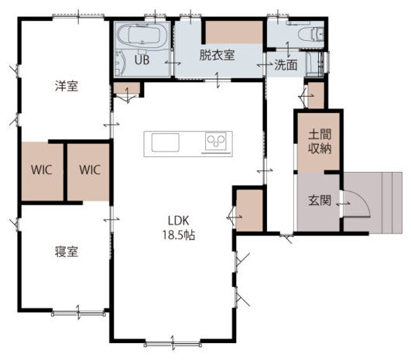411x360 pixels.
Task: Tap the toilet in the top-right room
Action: tap(311, 34)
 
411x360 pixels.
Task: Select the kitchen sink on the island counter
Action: tap(166, 142)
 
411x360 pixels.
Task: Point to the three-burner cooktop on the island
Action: tap(216, 142)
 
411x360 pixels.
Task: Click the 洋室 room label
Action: tap(67, 86)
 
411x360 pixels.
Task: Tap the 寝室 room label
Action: tap(67, 252)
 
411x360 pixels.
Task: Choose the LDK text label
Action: tap(179, 221)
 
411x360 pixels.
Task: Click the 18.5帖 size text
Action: tap(179, 235)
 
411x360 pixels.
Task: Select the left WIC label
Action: tap(42, 170)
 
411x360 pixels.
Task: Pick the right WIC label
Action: tap(90, 170)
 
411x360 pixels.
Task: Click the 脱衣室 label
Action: tap(217, 55)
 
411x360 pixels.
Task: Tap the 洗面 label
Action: tap(286, 65)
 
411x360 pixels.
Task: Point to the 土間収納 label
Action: tap(320, 142)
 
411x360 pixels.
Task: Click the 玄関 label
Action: tap(320, 201)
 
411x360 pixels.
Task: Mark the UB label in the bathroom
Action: tap(142, 60)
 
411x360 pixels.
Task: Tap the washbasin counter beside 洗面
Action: tap(315, 64)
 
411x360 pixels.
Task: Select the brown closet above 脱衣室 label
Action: tap(234, 33)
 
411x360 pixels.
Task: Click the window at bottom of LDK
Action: tap(173, 344)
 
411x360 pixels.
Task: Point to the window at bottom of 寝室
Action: tap(78, 313)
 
